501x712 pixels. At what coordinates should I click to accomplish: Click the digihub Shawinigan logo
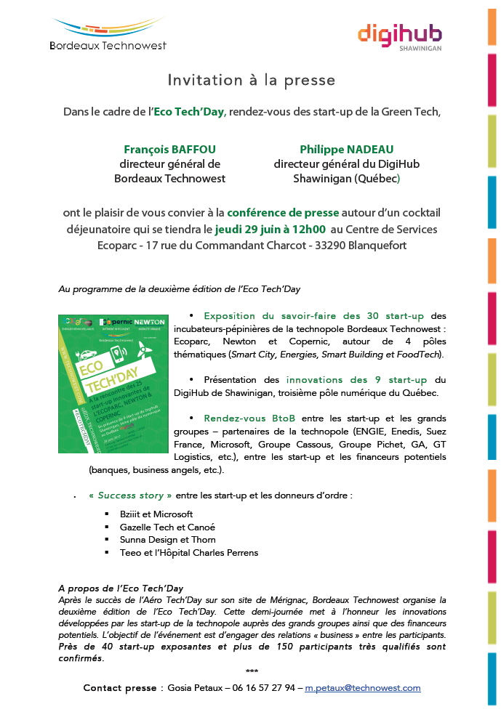(399, 37)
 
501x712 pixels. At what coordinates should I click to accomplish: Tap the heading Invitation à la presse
(252, 80)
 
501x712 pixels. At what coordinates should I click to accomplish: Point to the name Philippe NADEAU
(346, 149)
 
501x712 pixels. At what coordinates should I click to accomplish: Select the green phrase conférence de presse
(283, 213)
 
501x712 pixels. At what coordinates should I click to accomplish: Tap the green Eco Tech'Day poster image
(112, 384)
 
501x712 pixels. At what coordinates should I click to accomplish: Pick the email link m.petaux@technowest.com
(363, 687)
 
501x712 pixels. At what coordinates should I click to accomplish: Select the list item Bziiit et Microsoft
(156, 514)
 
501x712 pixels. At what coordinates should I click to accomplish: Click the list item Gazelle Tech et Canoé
(167, 527)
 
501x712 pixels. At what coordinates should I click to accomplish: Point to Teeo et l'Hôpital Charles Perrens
(189, 553)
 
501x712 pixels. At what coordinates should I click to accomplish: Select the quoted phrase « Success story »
(130, 495)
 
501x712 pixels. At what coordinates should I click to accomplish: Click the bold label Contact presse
(119, 687)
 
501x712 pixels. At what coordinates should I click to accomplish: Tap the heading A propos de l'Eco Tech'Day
(121, 588)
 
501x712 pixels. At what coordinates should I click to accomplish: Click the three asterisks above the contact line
(252, 672)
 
